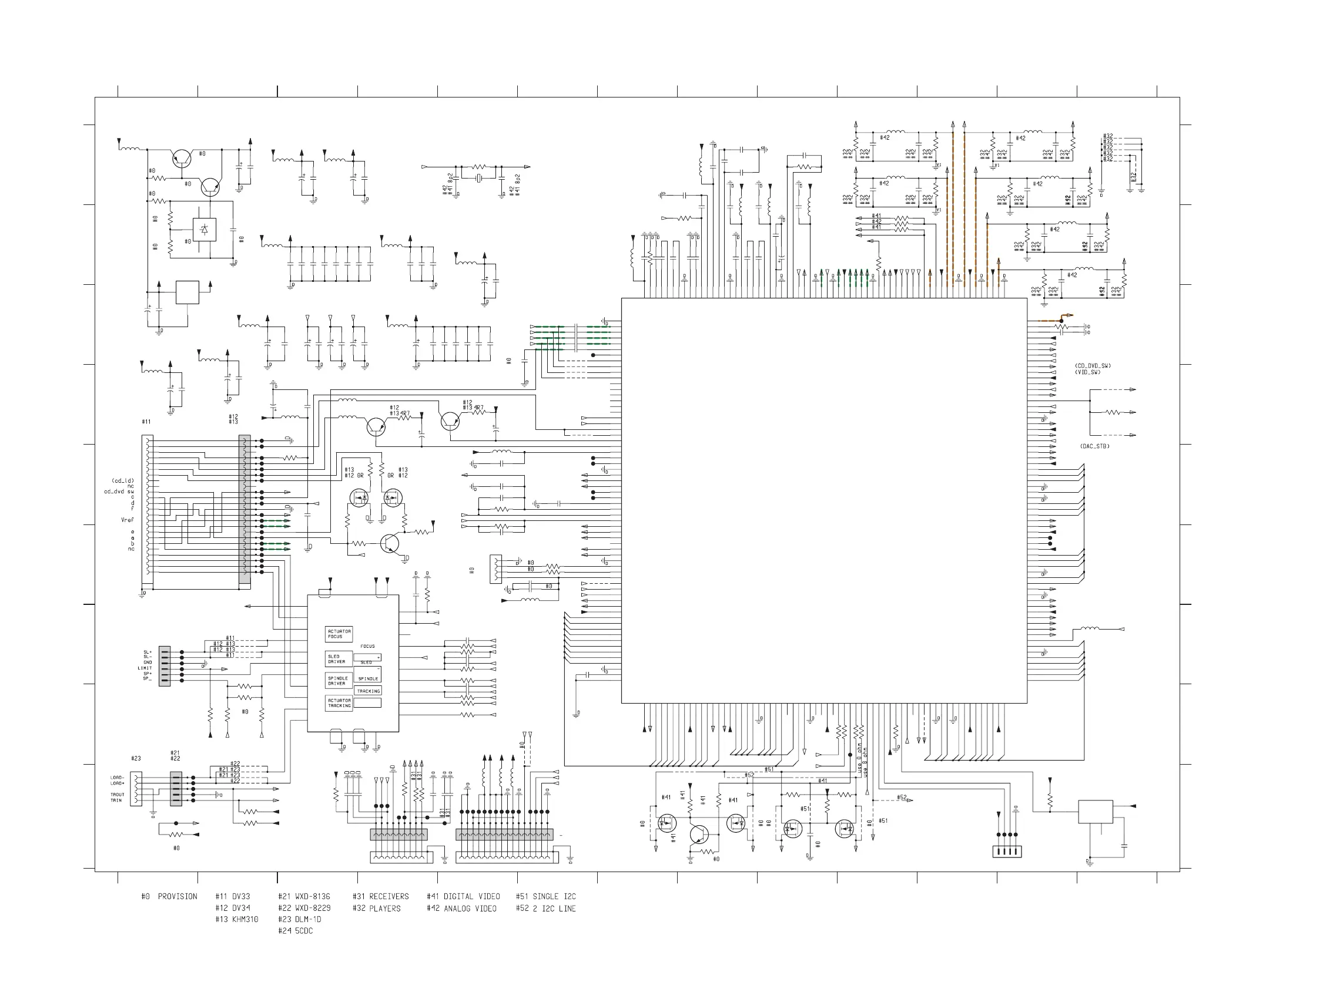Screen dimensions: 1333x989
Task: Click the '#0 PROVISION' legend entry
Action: [x=169, y=896]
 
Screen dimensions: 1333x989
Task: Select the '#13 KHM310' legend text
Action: [x=237, y=919]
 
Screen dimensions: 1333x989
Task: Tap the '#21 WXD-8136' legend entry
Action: [x=304, y=896]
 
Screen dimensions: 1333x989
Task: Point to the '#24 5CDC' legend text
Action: [x=296, y=931]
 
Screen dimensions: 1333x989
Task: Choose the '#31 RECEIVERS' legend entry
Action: [x=380, y=896]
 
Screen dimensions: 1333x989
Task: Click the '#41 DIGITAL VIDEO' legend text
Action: [x=463, y=896]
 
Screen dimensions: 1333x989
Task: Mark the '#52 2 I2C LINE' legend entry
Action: [x=545, y=908]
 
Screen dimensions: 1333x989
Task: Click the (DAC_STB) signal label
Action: [x=1094, y=446]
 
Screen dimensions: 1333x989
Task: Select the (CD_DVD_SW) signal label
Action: [x=1093, y=366]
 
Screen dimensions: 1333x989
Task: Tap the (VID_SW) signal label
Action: [x=1087, y=372]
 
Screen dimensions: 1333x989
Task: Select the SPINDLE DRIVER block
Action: [x=338, y=681]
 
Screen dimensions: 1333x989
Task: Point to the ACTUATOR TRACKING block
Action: [x=339, y=703]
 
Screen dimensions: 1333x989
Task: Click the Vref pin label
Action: [x=128, y=520]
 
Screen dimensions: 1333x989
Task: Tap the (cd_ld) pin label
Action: [x=123, y=481]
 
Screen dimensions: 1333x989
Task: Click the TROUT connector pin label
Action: [x=117, y=795]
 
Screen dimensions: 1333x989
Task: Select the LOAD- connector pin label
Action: [x=117, y=778]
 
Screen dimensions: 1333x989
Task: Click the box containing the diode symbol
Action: [x=204, y=229]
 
